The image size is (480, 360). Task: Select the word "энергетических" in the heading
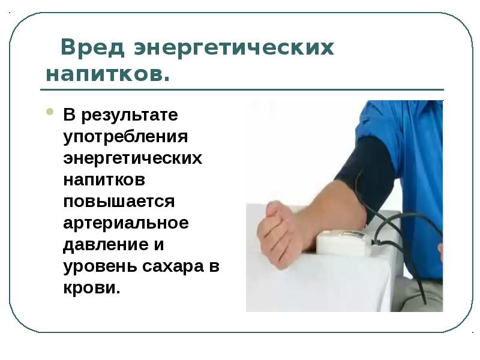click(x=234, y=47)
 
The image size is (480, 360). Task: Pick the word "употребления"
click(x=126, y=136)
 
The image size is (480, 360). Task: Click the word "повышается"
click(x=119, y=201)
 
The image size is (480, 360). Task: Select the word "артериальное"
click(x=126, y=223)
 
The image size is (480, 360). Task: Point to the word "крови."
click(x=92, y=287)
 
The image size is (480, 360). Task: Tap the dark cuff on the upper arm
click(x=366, y=171)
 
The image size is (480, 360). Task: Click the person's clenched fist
click(x=279, y=231)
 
